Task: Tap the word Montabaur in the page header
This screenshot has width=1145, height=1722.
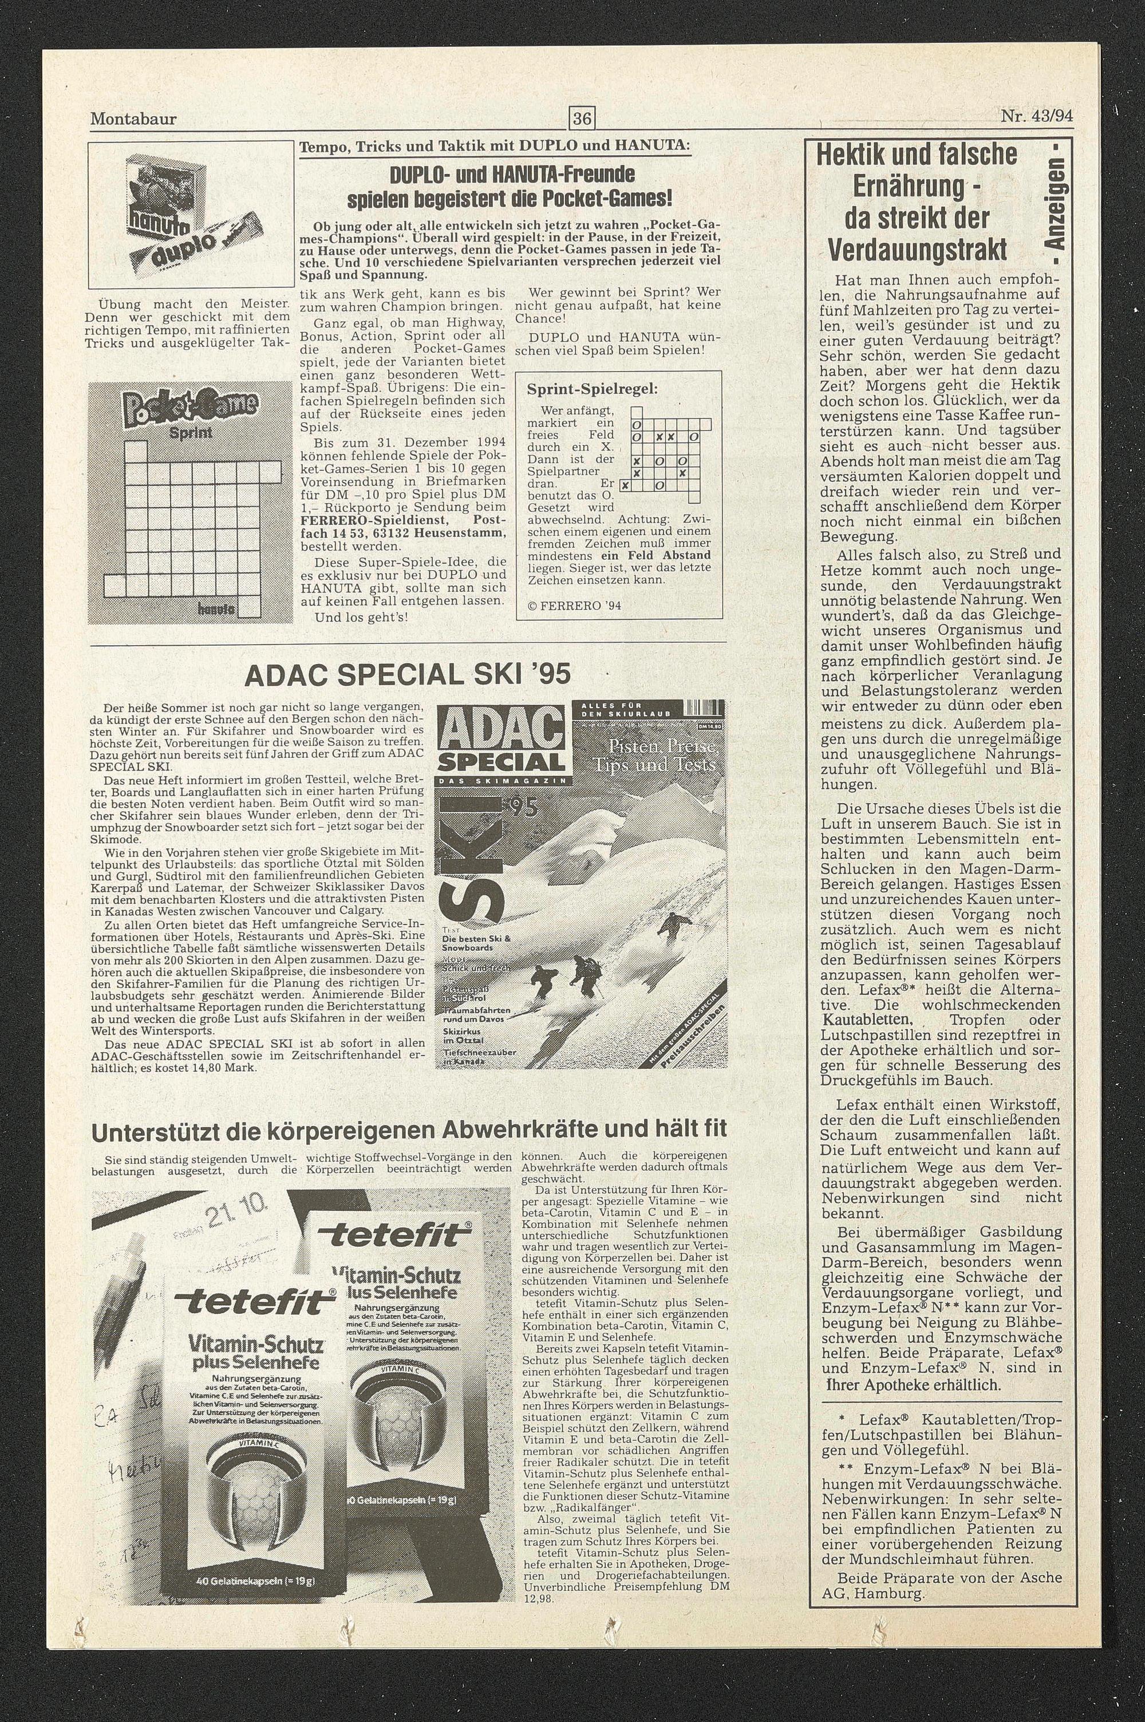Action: point(133,119)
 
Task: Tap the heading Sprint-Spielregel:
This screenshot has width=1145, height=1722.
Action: point(592,389)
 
